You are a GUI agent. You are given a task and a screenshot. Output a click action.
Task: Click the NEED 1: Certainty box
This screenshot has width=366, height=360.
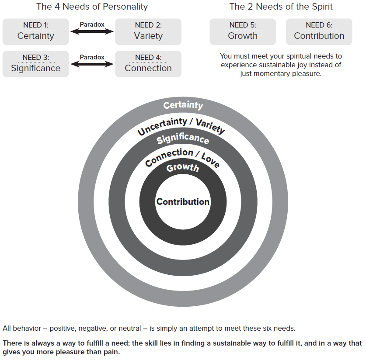(x=35, y=31)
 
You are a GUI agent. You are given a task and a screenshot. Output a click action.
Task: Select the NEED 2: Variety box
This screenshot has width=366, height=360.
(x=148, y=31)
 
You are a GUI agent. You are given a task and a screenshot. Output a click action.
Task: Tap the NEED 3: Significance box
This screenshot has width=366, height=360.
(x=35, y=64)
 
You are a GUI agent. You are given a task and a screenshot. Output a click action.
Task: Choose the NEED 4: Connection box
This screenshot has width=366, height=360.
(x=148, y=64)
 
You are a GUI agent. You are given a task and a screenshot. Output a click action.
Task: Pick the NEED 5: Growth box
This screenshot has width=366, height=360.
(x=243, y=31)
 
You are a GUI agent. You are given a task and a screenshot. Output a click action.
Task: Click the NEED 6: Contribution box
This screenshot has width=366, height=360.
(x=319, y=31)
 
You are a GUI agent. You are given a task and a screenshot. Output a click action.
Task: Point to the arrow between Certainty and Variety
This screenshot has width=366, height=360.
(x=92, y=31)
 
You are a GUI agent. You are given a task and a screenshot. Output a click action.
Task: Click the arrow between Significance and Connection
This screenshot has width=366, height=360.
(x=92, y=64)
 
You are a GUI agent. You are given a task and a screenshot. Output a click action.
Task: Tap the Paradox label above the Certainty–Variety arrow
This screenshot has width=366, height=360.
(x=92, y=24)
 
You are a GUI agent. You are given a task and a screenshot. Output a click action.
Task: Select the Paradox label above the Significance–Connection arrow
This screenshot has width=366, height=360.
(x=92, y=57)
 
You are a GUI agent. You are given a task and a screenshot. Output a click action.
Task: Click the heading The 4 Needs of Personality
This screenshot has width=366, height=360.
(x=92, y=7)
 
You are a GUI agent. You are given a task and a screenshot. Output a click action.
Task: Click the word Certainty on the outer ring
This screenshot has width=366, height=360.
(x=183, y=105)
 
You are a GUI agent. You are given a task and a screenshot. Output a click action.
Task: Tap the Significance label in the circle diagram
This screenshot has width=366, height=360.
(x=183, y=139)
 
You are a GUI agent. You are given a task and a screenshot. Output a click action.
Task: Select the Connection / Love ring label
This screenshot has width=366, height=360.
(x=182, y=157)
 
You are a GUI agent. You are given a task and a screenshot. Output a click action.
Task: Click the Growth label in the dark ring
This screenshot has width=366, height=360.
(x=183, y=168)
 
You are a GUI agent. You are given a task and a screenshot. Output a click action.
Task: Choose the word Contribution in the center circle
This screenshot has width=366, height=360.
(x=183, y=202)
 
